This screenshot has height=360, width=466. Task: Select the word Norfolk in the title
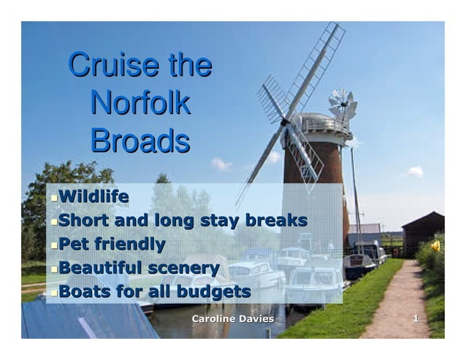coord(140,103)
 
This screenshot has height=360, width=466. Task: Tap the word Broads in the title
coord(140,140)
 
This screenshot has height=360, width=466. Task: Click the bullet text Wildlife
coord(93,196)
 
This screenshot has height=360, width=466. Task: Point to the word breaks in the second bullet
coord(273,221)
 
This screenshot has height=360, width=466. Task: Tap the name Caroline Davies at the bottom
coord(232,319)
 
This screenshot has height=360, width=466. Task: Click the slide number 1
coord(416,319)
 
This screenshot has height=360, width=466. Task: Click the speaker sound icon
coord(435,245)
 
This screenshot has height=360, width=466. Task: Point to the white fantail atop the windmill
coord(341,106)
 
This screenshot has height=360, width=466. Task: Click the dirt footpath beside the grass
coord(398,307)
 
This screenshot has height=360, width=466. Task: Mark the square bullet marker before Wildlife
coord(53,198)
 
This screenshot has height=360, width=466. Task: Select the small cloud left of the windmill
coord(221,164)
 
